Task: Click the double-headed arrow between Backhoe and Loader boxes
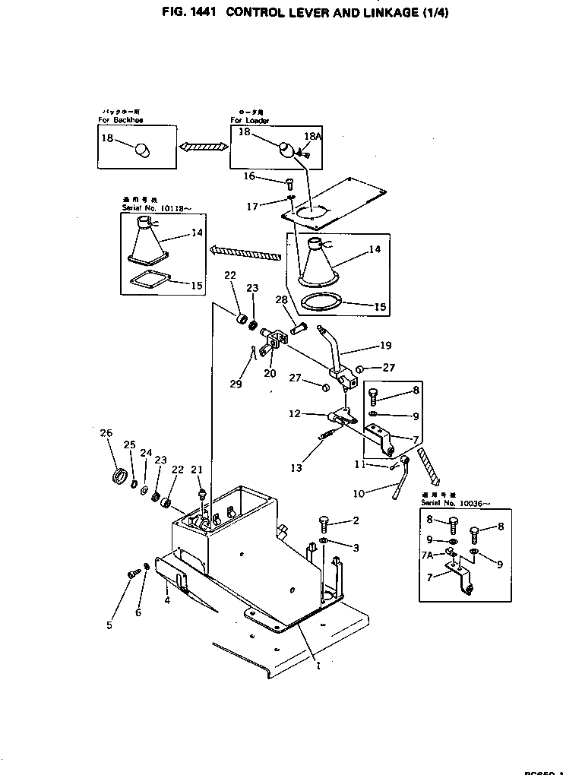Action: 203,145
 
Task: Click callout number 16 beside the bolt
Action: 248,176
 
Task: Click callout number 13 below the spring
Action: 296,467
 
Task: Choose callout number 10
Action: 358,494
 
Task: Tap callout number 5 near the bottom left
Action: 109,625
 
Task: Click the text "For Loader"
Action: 250,121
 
